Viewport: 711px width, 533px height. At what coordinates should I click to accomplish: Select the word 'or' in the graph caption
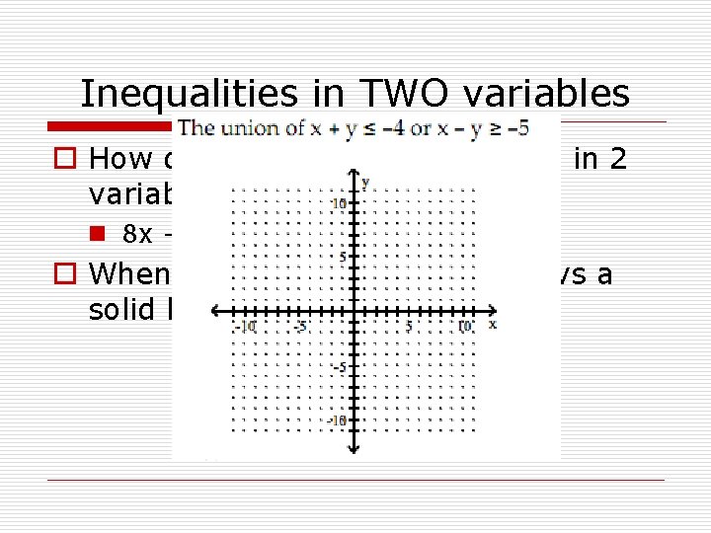click(421, 128)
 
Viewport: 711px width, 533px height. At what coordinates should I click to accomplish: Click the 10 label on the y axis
click(339, 202)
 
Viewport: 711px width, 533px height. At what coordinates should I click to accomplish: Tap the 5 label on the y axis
click(343, 258)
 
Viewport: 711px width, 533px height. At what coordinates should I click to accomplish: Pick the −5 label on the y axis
click(339, 367)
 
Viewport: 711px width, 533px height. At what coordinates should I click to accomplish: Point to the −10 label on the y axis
click(337, 420)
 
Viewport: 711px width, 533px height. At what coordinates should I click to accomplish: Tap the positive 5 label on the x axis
click(408, 326)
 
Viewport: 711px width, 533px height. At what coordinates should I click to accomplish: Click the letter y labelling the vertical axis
click(365, 183)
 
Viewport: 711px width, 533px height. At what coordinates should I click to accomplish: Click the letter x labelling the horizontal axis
click(492, 325)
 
